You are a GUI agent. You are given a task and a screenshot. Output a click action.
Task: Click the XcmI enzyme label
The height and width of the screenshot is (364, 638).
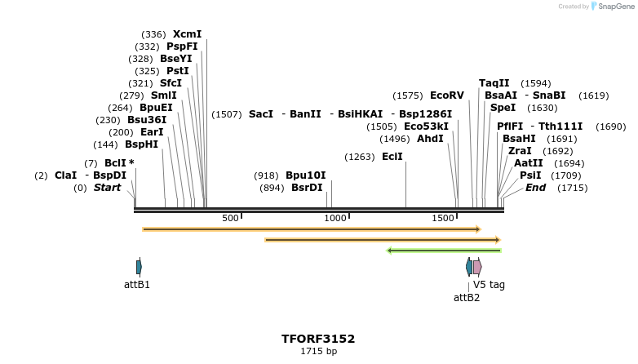click(187, 34)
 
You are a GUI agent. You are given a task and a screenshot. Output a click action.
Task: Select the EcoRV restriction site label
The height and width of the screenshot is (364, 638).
click(446, 95)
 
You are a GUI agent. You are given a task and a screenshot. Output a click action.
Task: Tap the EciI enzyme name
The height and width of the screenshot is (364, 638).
click(392, 157)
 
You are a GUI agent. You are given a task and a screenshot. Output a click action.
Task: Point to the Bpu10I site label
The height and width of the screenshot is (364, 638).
click(305, 175)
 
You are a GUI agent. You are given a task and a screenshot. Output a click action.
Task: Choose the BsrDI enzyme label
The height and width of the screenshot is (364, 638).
click(307, 188)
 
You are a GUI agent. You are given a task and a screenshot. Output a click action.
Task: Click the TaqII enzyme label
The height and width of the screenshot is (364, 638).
click(494, 83)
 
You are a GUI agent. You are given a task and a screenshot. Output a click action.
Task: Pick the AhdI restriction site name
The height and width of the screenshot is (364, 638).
click(430, 139)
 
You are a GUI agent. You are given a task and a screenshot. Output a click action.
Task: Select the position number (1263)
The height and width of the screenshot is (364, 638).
click(360, 157)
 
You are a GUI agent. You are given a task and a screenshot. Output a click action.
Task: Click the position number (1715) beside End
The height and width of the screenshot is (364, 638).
click(572, 188)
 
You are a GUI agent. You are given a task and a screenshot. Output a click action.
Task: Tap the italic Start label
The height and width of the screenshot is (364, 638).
click(107, 188)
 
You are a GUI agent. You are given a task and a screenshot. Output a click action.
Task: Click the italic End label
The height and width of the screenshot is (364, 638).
click(535, 188)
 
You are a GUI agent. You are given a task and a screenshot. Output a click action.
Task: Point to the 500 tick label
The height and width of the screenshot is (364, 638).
click(230, 219)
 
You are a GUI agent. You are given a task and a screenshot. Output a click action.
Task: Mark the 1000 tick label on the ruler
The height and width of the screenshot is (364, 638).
click(335, 219)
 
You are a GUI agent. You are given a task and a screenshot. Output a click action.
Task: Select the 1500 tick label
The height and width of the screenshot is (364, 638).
click(443, 219)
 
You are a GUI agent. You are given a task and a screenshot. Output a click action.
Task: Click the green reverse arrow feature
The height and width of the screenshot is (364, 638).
click(444, 251)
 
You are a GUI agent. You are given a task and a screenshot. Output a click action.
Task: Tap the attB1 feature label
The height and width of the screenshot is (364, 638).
click(137, 285)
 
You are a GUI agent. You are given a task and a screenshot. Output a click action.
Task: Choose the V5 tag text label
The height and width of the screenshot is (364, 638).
click(490, 285)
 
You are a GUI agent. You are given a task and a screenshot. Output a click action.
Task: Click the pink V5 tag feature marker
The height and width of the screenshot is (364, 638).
click(477, 267)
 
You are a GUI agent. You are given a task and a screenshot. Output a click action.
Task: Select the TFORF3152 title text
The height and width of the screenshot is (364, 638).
click(318, 339)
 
